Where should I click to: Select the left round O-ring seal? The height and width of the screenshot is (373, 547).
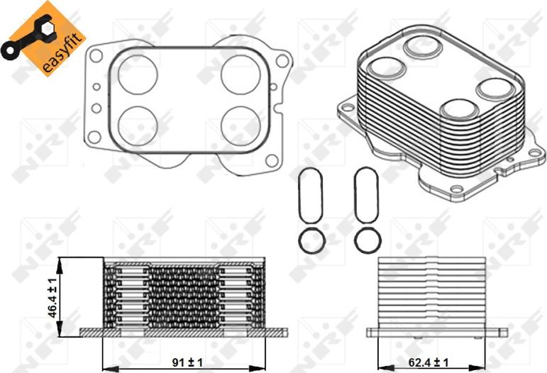(310, 240)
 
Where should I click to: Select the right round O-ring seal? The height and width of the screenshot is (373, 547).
(367, 240)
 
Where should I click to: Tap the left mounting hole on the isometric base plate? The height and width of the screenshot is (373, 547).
(348, 109)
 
